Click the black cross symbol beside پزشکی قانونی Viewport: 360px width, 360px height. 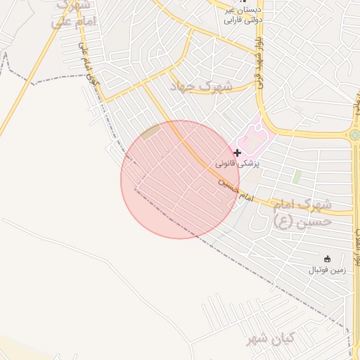click(x=238, y=152)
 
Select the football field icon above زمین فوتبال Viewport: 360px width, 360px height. click(x=326, y=259)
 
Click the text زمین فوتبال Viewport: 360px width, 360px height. click(x=326, y=269)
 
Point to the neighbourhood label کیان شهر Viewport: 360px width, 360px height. click(x=270, y=340)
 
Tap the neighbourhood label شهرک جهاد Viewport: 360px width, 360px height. click(x=200, y=86)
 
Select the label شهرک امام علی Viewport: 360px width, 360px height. click(x=72, y=14)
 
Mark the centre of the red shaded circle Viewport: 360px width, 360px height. click(x=180, y=179)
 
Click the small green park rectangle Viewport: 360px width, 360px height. click(x=297, y=176)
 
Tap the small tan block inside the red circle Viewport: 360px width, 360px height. click(x=150, y=132)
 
